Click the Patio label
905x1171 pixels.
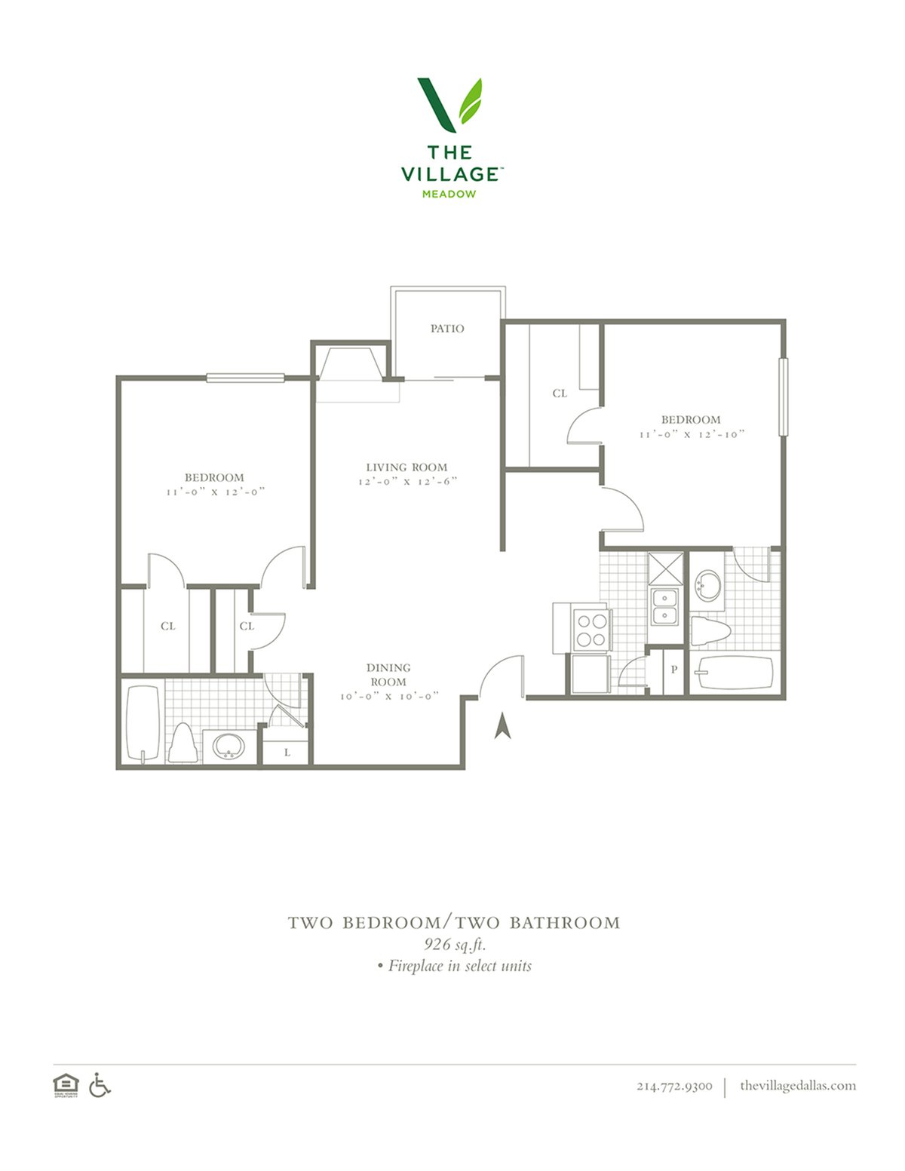point(446,328)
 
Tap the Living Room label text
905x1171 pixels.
point(406,467)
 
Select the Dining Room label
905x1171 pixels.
point(388,675)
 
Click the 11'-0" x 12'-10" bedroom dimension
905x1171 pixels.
point(692,434)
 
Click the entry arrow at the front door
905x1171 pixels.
point(502,725)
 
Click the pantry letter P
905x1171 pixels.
point(673,670)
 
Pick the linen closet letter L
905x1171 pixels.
point(287,753)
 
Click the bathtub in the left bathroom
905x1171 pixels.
point(143,725)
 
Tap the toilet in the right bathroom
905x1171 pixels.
point(710,631)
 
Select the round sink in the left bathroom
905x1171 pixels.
point(229,746)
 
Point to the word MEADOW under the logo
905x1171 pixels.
point(449,194)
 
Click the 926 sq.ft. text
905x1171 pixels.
point(456,944)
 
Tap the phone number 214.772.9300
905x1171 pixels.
point(674,1086)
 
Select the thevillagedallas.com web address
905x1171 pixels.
point(798,1085)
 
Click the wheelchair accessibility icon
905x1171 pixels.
point(100,1084)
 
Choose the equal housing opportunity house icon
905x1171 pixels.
point(66,1085)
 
